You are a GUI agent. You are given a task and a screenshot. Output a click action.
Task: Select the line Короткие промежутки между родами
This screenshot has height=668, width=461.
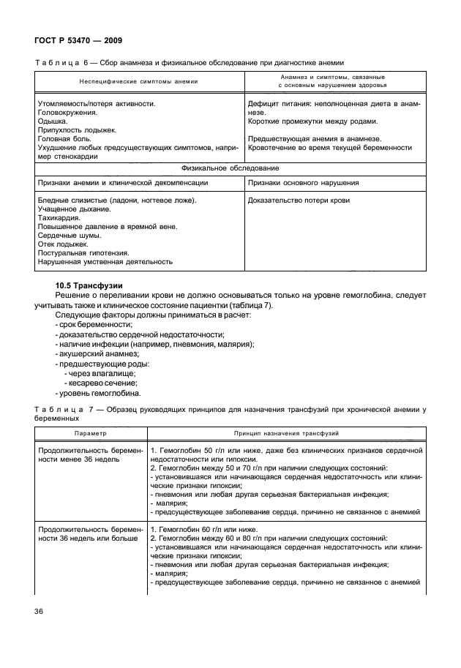(312, 121)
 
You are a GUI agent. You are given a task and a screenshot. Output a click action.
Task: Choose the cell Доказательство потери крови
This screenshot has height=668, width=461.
(299, 200)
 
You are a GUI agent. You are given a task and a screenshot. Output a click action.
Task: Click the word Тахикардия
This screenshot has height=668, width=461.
(59, 218)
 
